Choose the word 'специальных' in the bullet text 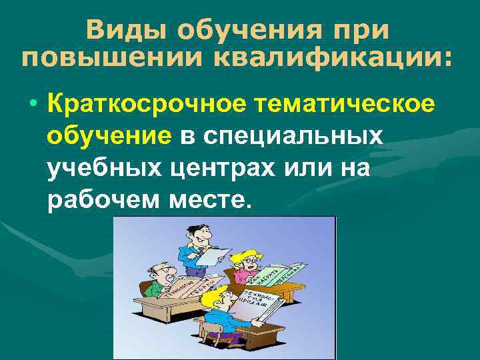coord(293,137)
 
